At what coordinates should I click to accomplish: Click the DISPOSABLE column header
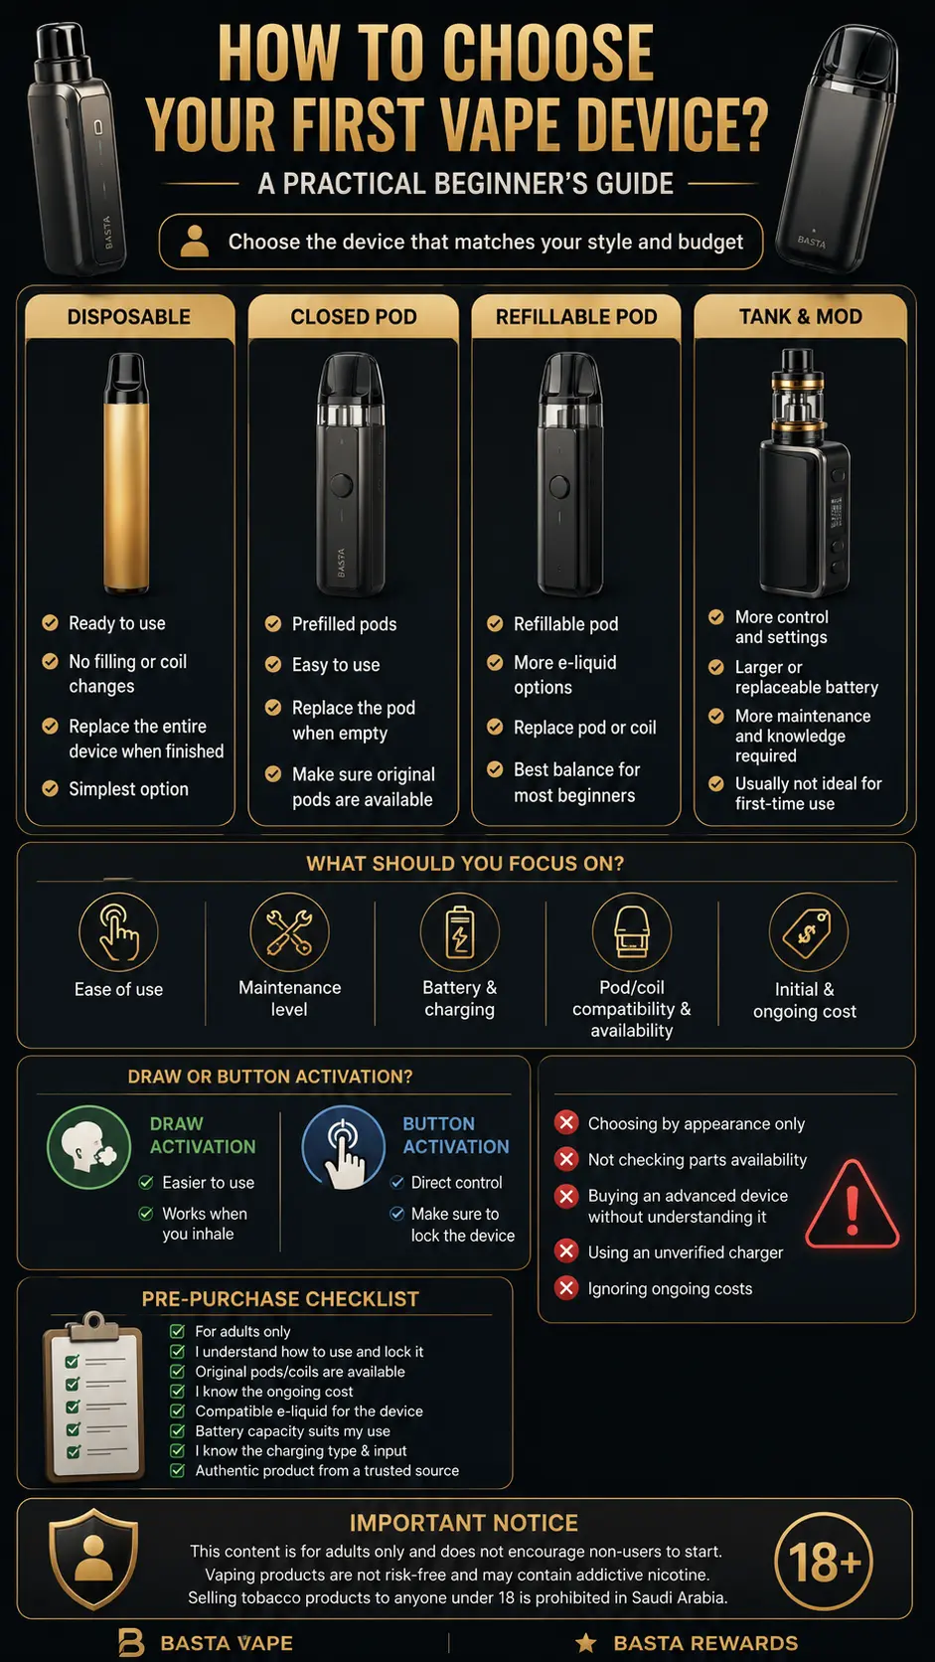[129, 317]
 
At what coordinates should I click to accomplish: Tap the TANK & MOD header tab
[800, 317]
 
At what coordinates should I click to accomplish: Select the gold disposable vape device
[126, 473]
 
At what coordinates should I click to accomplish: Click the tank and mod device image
[804, 472]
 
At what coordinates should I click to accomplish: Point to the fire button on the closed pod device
[341, 486]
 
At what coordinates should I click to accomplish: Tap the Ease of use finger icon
[118, 932]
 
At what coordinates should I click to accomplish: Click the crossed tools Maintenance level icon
[289, 932]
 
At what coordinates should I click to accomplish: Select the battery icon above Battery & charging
[460, 932]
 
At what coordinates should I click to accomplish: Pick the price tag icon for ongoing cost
[808, 932]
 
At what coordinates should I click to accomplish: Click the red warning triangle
[853, 1205]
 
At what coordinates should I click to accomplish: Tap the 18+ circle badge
[824, 1561]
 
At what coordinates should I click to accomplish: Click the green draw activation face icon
[89, 1147]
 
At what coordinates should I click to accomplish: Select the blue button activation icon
[344, 1147]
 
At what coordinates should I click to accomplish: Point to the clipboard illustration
[93, 1397]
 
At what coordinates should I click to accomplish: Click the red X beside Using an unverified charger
[566, 1250]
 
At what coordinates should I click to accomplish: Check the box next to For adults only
[177, 1331]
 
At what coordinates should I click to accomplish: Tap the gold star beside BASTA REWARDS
[586, 1643]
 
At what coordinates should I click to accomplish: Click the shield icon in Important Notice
[93, 1559]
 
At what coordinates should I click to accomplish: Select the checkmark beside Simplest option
[51, 788]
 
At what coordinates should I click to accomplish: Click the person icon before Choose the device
[195, 242]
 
